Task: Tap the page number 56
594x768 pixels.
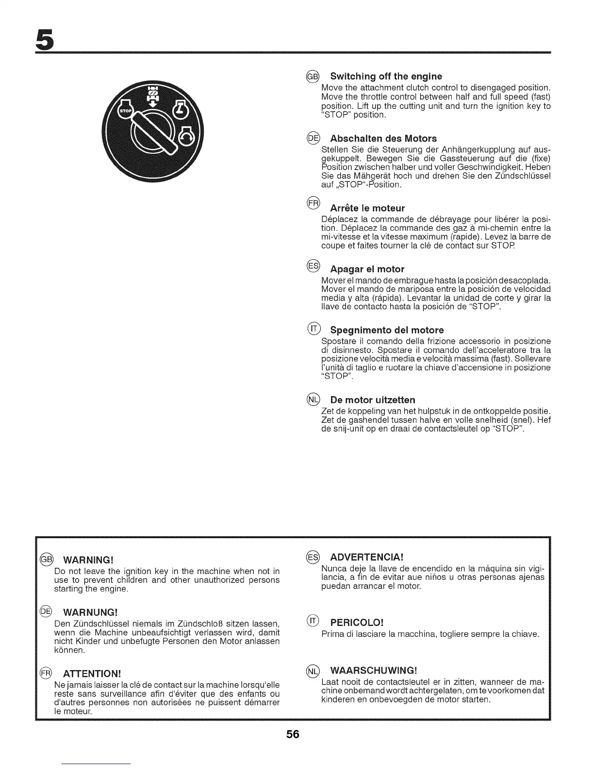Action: coord(293,734)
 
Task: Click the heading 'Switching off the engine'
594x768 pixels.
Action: coord(386,76)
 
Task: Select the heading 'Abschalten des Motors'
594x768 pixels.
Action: coord(383,138)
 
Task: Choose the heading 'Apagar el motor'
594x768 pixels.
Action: coord(367,269)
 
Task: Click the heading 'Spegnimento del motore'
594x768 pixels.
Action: coord(387,330)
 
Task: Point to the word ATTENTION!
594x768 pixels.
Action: coord(92,674)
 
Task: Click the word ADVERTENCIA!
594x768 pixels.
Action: coord(367,556)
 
